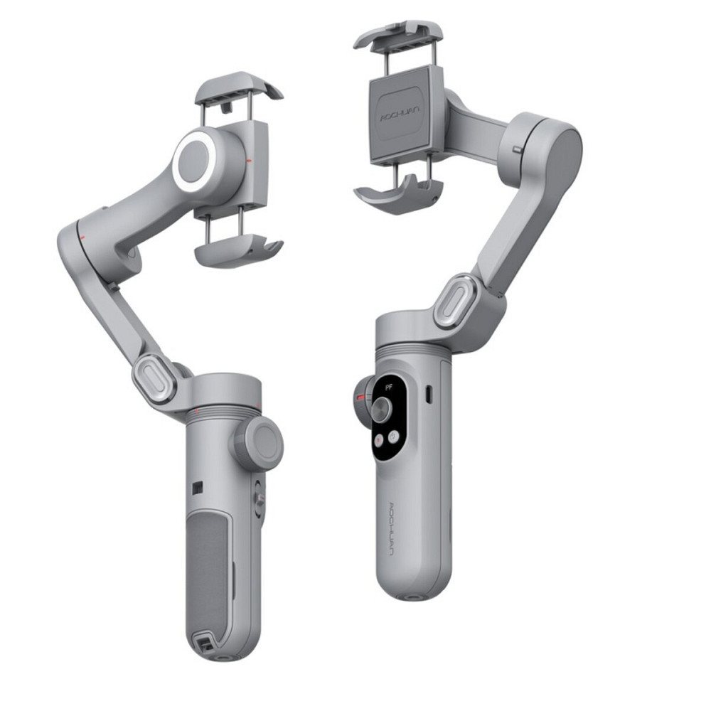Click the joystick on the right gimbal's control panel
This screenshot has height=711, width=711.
(x=382, y=407)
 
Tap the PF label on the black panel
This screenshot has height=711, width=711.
(x=387, y=387)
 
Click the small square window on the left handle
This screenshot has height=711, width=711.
(x=198, y=488)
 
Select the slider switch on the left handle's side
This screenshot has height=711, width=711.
(x=260, y=499)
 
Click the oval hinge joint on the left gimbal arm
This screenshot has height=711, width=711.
(x=154, y=378)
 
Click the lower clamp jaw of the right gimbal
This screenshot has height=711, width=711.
(x=398, y=193)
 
